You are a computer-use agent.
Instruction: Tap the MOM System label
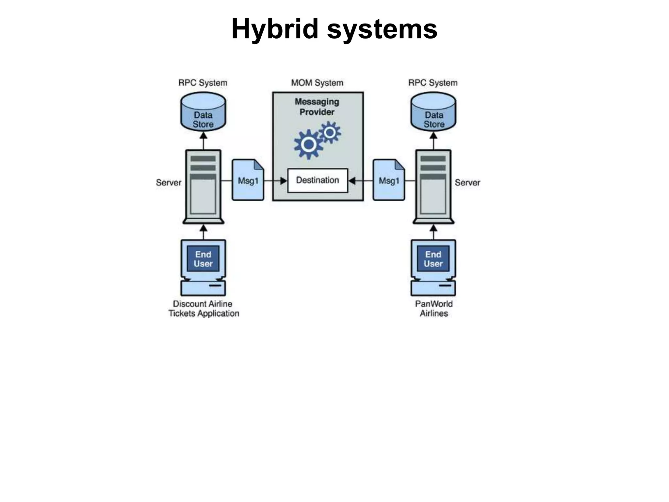pos(317,83)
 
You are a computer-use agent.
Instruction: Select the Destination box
pos(318,180)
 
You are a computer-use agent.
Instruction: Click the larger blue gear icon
pos(308,144)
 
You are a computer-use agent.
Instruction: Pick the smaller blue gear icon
pos(330,132)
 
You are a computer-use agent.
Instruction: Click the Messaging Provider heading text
pos(317,107)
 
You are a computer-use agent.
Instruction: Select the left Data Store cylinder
pos(203,112)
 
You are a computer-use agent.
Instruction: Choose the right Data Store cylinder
pos(433,112)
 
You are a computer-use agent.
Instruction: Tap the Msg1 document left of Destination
pos(248,180)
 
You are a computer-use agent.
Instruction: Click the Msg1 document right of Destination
pos(389,180)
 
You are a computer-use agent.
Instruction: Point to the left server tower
pos(203,186)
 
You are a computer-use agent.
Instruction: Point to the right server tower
pos(433,186)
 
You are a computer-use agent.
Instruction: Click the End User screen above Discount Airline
pos(203,259)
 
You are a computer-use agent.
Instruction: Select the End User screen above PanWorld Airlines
pos(433,259)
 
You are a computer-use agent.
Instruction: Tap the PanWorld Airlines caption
pos(434,309)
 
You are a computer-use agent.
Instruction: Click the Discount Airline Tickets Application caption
pos(204,309)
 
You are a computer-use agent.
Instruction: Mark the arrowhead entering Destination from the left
pos(284,180)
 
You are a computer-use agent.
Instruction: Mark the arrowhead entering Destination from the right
pos(352,180)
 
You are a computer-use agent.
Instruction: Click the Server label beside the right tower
pos(467,182)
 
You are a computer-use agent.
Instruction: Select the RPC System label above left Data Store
pos(203,83)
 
